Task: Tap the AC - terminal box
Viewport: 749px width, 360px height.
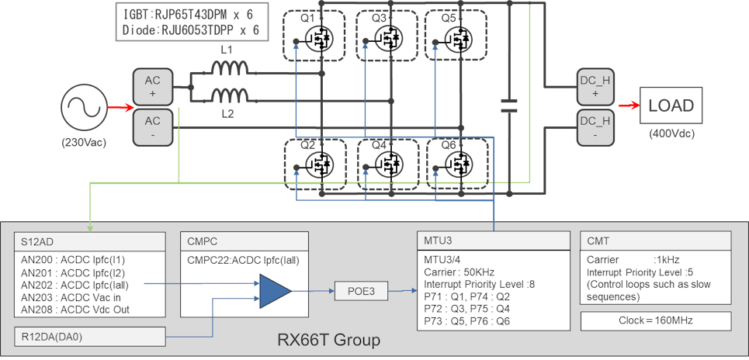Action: [152, 127]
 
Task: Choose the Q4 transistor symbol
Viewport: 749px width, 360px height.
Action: [386, 163]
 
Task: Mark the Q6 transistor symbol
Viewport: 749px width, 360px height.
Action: [459, 163]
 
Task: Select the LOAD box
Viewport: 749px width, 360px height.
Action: [671, 106]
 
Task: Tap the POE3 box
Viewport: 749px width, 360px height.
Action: [356, 292]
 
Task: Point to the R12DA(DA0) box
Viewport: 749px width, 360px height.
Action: [90, 336]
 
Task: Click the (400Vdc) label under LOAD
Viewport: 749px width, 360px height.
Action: [671, 133]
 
